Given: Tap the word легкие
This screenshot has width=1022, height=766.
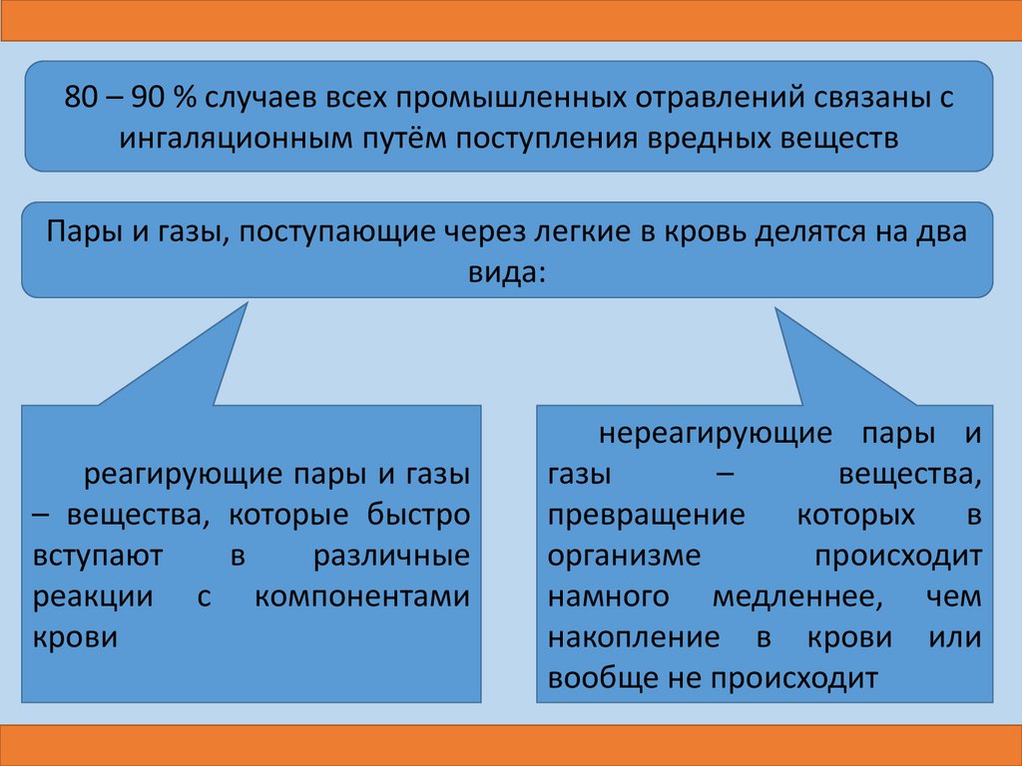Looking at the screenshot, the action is point(558,232).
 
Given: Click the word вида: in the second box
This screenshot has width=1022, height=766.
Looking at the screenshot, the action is point(508,270).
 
